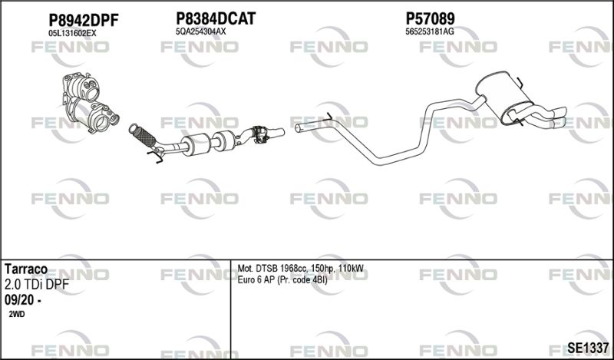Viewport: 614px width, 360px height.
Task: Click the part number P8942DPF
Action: (83, 21)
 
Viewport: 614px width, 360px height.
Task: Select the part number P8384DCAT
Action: (216, 18)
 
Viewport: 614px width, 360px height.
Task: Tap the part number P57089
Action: (430, 18)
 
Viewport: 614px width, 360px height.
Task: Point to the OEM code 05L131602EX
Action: (72, 33)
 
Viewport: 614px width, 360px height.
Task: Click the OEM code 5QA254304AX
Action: (201, 31)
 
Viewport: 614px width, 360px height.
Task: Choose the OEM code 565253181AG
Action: (430, 31)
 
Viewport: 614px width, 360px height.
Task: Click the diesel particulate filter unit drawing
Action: (90, 102)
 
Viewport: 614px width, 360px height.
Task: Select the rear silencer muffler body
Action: (504, 97)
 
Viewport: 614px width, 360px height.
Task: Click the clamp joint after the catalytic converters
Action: (260, 134)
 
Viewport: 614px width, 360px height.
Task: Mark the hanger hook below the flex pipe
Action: (156, 156)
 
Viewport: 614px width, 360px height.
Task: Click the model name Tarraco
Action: (26, 269)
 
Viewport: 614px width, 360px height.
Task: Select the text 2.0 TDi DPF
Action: (36, 285)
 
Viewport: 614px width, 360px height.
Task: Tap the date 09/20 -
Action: (23, 300)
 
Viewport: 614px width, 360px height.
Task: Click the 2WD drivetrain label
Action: (16, 314)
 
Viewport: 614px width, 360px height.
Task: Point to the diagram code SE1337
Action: (588, 347)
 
